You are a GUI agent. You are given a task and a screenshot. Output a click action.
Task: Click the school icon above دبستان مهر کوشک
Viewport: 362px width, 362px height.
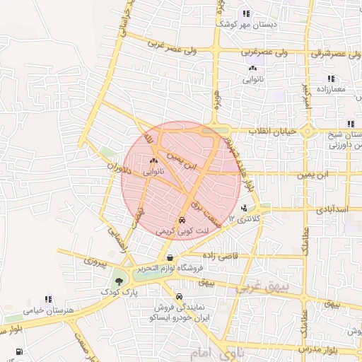[x=246, y=13]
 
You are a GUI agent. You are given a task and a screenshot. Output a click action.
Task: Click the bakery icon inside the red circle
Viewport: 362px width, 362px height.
[x=153, y=161]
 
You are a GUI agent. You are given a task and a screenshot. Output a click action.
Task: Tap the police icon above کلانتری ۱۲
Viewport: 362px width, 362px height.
[x=244, y=208]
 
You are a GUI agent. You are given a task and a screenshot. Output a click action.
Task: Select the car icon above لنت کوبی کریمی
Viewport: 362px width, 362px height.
[x=182, y=220]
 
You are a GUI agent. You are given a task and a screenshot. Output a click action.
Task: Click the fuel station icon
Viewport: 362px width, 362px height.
[x=18, y=351]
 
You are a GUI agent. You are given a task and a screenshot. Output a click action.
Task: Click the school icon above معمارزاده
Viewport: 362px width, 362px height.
[x=329, y=78]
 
